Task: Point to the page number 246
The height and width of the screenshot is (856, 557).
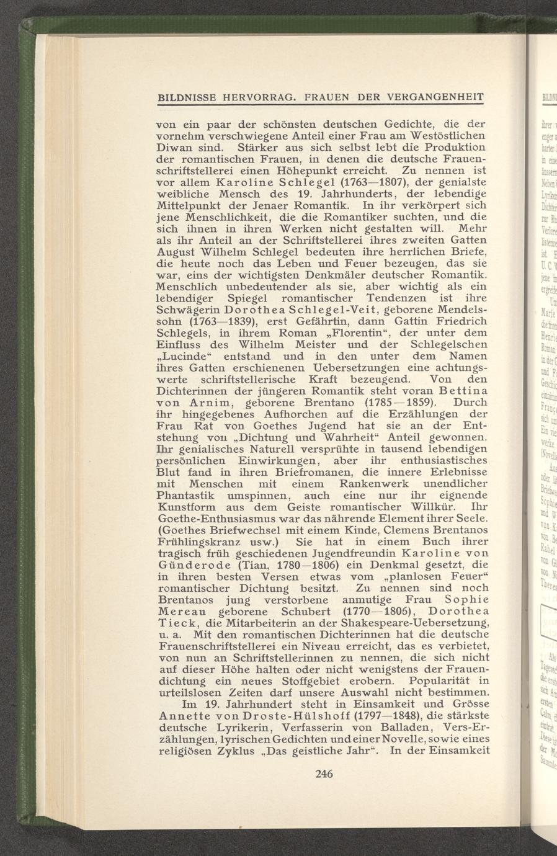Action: (324, 773)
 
